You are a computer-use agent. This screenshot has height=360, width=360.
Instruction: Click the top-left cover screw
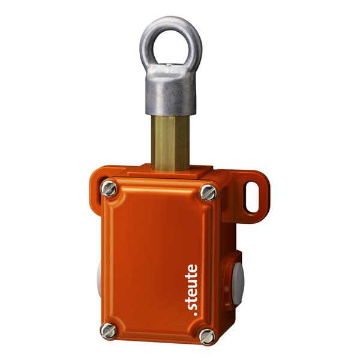[109, 189]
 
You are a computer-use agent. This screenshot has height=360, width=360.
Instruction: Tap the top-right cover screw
[208, 193]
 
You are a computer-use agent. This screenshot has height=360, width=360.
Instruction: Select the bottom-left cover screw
[109, 331]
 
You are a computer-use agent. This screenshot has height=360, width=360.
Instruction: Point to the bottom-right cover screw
[207, 337]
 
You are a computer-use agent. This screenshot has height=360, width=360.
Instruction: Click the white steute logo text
[191, 290]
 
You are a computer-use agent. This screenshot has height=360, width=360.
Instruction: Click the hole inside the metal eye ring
[171, 47]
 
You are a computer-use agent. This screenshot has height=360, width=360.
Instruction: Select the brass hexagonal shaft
[170, 143]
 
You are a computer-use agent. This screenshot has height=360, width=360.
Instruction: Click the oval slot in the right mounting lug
[252, 197]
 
